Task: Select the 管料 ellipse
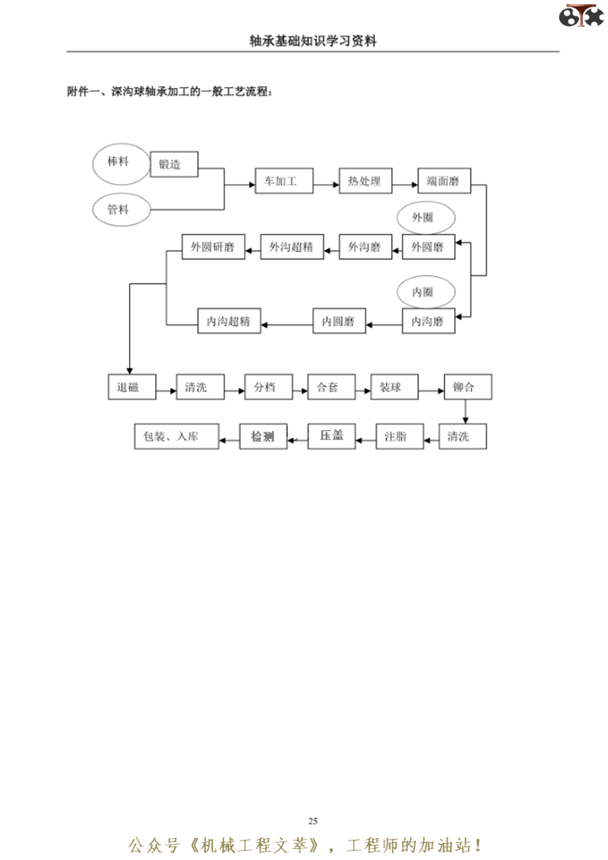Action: [117, 210]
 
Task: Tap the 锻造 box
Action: [174, 165]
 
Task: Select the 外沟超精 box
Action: [291, 248]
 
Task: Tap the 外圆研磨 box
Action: [213, 248]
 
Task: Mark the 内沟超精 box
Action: [229, 321]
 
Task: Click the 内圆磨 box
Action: [338, 321]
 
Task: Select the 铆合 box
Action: [467, 388]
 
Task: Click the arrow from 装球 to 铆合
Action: [432, 390]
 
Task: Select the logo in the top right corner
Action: [584, 16]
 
